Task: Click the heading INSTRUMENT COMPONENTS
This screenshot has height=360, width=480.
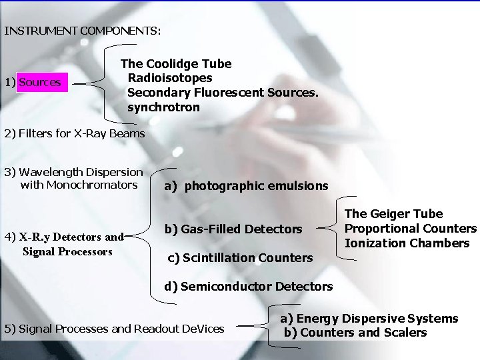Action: [x=82, y=31]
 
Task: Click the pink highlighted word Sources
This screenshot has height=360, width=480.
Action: [x=40, y=83]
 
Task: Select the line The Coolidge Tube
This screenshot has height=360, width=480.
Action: [x=176, y=64]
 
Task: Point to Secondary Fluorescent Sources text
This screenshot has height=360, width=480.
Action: [x=223, y=93]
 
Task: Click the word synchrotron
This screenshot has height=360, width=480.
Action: [x=163, y=107]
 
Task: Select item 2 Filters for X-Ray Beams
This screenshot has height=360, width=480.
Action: [x=74, y=133]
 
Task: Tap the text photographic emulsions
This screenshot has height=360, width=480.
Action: [x=256, y=186]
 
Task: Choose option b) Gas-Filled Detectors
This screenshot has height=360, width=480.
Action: [x=233, y=229]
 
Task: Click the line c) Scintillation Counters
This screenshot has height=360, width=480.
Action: [x=240, y=257]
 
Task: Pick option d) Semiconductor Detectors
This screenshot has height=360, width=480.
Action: [x=249, y=287]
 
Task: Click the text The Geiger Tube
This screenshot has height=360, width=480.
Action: [x=393, y=214]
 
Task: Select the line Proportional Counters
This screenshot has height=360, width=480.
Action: [x=411, y=229]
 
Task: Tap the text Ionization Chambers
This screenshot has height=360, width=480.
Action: [x=407, y=243]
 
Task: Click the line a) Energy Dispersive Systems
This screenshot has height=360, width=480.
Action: [x=369, y=319]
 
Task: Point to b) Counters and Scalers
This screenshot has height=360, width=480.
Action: [x=355, y=333]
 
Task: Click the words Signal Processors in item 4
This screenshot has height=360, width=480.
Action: [x=67, y=251]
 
